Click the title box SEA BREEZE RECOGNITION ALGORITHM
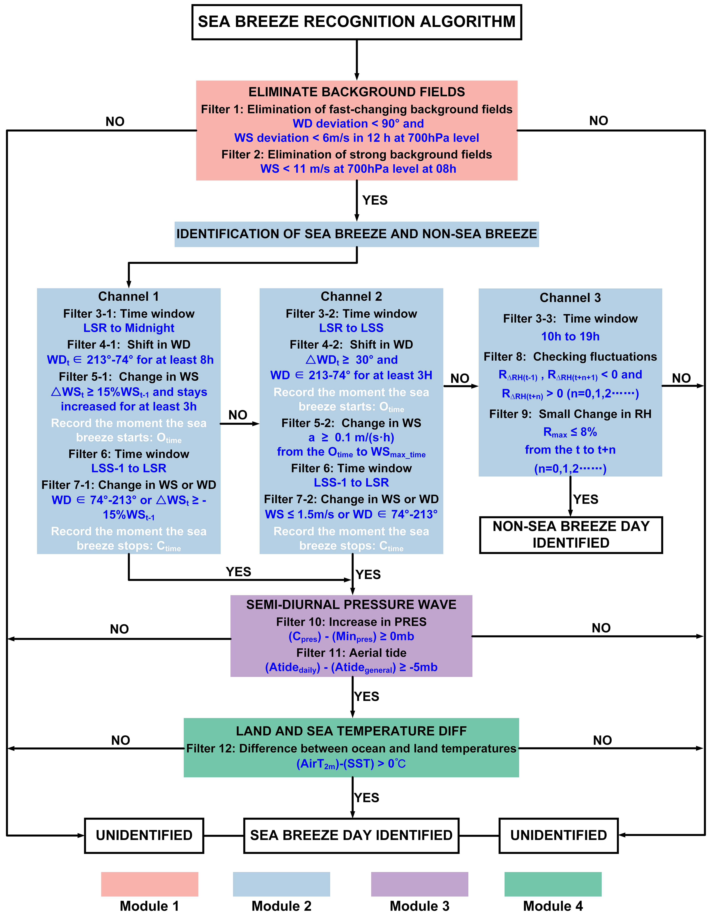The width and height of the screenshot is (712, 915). pyautogui.click(x=356, y=22)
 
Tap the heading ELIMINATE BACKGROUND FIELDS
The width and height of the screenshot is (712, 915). pyautogui.click(x=356, y=92)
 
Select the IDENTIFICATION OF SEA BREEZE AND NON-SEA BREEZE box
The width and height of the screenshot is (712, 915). pyautogui.click(x=356, y=234)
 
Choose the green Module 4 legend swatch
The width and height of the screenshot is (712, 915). pyautogui.click(x=553, y=884)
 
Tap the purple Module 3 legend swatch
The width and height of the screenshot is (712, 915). pyautogui.click(x=419, y=884)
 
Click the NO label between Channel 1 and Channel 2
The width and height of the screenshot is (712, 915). pyautogui.click(x=238, y=415)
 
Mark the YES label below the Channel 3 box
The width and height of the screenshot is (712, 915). pyautogui.click(x=586, y=499)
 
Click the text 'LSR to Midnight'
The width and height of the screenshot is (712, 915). pyautogui.click(x=129, y=328)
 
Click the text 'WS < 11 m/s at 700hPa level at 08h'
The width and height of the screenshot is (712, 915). pyautogui.click(x=358, y=169)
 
